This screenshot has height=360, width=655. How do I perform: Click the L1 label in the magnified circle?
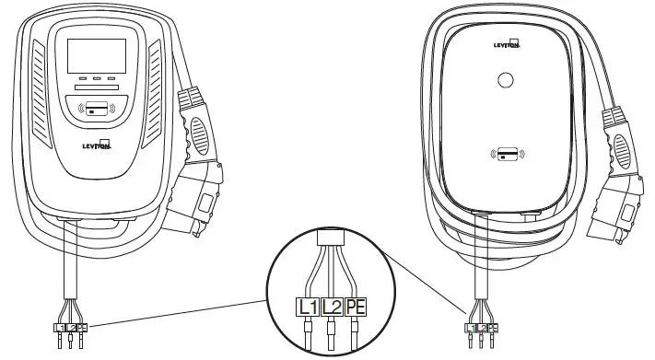(x=306, y=307)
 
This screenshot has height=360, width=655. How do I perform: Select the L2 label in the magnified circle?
(x=332, y=307)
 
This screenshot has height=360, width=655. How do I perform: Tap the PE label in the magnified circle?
(x=357, y=307)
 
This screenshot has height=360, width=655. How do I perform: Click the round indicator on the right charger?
(x=505, y=80)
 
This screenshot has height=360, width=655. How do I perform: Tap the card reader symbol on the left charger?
(x=97, y=108)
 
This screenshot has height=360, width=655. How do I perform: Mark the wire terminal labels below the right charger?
(x=481, y=328)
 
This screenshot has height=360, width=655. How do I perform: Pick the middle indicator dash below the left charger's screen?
(x=97, y=79)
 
